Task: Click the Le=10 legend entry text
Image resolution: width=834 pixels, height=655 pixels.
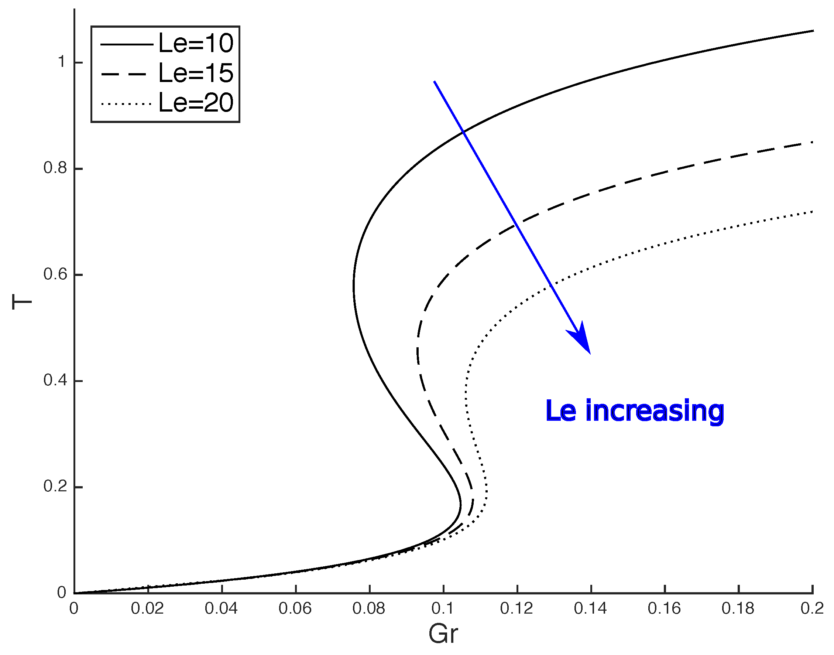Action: pyautogui.click(x=195, y=43)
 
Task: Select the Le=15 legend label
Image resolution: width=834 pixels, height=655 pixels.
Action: pyautogui.click(x=195, y=73)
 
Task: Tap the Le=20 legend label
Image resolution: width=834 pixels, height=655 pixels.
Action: pyautogui.click(x=195, y=103)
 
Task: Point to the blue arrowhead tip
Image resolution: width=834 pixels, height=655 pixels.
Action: pyautogui.click(x=590, y=353)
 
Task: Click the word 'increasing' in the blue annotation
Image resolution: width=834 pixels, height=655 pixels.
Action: pyautogui.click(x=655, y=411)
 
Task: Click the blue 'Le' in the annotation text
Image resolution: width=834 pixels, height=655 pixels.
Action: pyautogui.click(x=560, y=411)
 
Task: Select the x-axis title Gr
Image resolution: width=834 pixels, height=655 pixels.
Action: pyautogui.click(x=443, y=634)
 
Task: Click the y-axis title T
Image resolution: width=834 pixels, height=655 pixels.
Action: pyautogui.click(x=21, y=302)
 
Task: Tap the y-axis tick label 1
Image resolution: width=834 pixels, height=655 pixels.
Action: pyautogui.click(x=61, y=62)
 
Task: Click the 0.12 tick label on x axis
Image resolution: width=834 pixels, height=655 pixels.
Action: pyautogui.click(x=516, y=608)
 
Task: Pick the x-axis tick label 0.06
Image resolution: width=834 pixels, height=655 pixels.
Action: pyautogui.click(x=295, y=608)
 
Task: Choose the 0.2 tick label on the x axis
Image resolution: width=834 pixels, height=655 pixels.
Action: pyautogui.click(x=812, y=608)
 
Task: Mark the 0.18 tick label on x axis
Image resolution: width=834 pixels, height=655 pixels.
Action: pyautogui.click(x=738, y=608)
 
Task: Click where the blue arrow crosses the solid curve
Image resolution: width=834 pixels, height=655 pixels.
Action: pyautogui.click(x=463, y=132)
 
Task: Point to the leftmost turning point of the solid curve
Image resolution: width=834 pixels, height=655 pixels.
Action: pyautogui.click(x=353, y=287)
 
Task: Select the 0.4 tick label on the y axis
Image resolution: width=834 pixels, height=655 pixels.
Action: pyautogui.click(x=56, y=381)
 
